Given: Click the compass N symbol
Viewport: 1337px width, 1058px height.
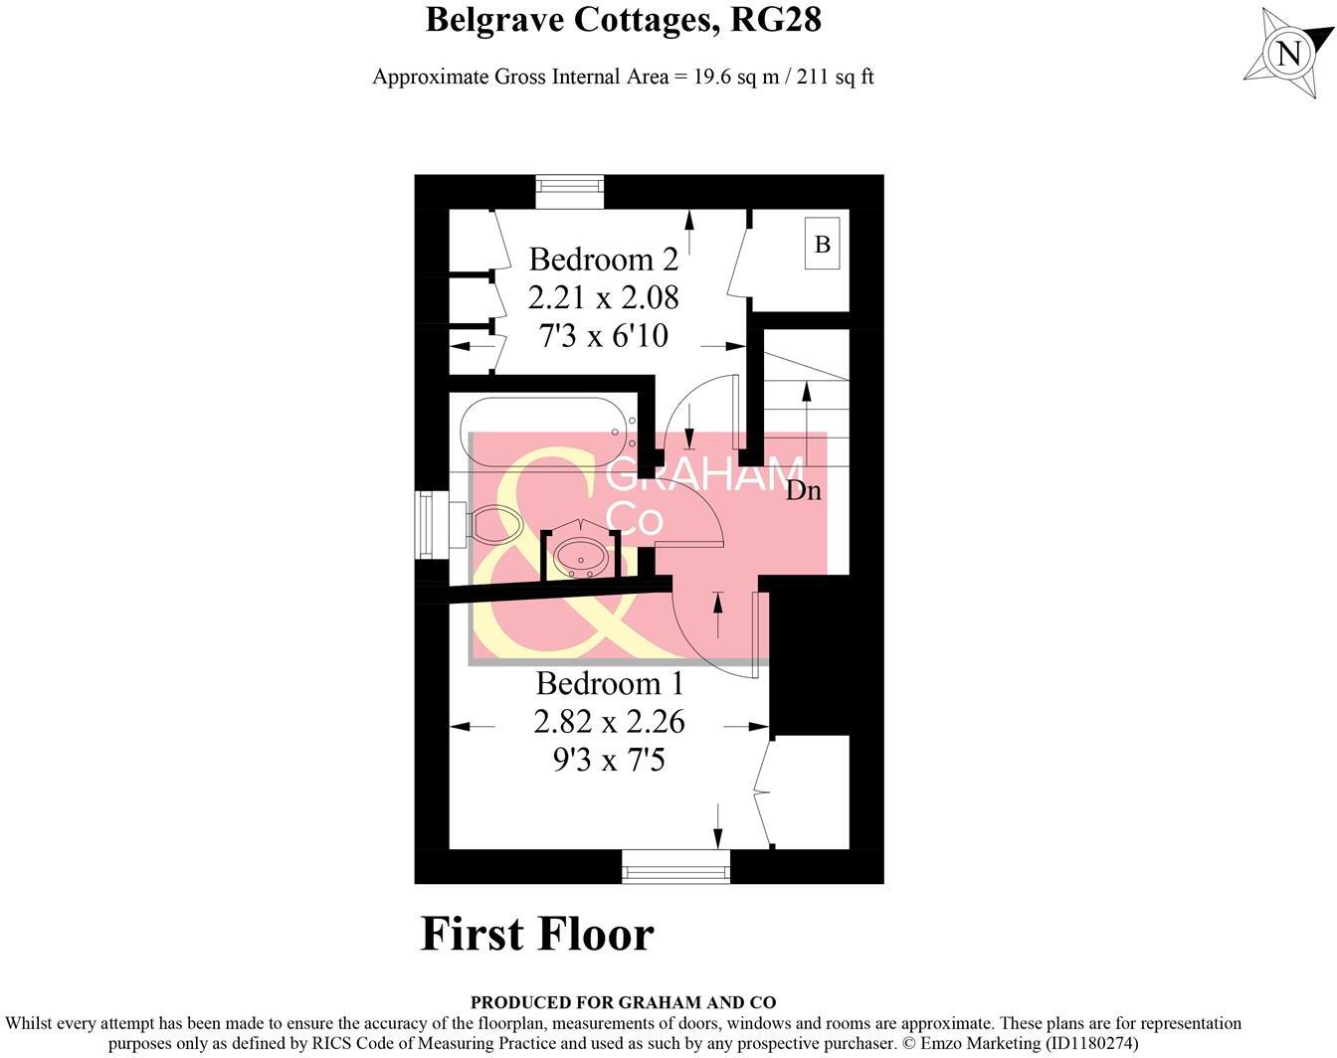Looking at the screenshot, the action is tap(1288, 52).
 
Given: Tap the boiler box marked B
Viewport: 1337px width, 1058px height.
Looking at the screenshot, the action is tap(823, 244).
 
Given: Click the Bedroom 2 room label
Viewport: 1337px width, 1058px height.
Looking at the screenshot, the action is tap(603, 260).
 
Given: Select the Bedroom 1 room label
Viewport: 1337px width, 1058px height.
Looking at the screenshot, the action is tap(610, 683).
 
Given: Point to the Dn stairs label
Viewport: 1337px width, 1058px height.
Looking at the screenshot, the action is tap(803, 490).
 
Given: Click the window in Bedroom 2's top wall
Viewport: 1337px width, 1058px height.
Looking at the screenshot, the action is tap(570, 190).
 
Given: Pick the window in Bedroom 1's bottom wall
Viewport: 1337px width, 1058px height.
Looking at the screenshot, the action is tap(676, 866).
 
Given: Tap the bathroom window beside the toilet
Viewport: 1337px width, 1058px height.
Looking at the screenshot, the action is tap(428, 524).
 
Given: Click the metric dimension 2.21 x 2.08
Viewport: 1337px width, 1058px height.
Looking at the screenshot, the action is tap(603, 297).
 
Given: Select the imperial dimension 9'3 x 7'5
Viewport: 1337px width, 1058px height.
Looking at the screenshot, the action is tap(609, 761).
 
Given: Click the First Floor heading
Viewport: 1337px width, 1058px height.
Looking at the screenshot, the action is tap(537, 934).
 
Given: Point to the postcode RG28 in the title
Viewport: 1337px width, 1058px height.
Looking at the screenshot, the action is tap(776, 19).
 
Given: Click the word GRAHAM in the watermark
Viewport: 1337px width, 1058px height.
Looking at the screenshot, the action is tap(704, 476).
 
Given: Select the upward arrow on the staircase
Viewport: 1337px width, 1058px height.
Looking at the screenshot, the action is tap(806, 408).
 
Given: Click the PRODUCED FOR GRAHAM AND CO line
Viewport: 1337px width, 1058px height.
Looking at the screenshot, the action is tap(623, 1002).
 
